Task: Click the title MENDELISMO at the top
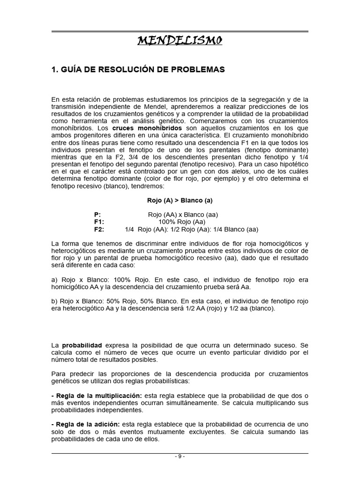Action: click(x=180, y=41)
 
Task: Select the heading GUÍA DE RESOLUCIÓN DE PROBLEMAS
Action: click(x=138, y=69)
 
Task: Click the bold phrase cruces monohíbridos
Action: click(x=154, y=127)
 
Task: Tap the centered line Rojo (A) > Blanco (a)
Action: click(x=180, y=200)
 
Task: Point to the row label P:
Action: click(x=97, y=215)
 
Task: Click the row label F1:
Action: click(x=99, y=222)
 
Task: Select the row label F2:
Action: click(x=99, y=229)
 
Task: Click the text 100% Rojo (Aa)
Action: click(x=182, y=222)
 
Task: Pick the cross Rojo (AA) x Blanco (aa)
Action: click(x=182, y=215)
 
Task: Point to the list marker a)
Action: click(x=54, y=279)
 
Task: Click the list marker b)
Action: click(x=54, y=301)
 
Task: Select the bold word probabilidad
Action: click(x=82, y=345)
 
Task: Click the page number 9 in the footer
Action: click(x=180, y=458)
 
